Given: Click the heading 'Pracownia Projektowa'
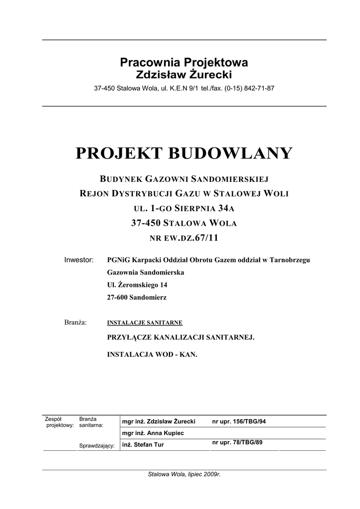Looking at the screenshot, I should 184,63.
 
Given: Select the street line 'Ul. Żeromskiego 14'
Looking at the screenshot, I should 138,285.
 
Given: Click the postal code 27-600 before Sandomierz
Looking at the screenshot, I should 118,298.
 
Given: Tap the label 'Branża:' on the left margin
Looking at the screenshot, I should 76,322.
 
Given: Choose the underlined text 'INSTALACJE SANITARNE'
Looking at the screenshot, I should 145,323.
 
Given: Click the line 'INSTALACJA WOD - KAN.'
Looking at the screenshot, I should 152,355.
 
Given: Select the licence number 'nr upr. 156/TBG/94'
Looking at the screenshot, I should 239,422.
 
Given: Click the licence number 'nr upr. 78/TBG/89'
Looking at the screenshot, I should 237,442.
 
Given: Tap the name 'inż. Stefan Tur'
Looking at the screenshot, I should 143,445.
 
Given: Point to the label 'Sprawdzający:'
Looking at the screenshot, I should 97,446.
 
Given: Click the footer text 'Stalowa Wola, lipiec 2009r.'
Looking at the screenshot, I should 184,474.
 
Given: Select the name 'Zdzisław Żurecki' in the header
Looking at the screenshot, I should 184,75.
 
